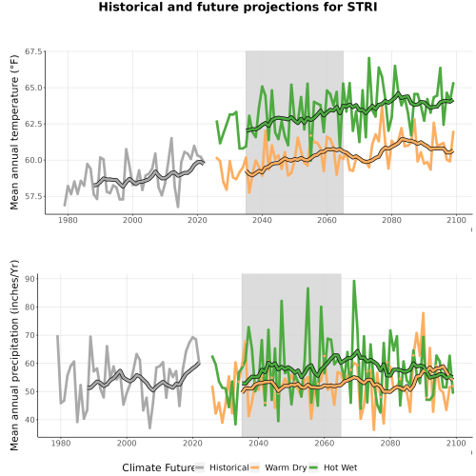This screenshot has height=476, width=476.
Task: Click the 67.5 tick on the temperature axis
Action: click(x=33, y=51)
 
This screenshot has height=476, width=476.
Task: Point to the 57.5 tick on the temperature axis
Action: click(x=33, y=196)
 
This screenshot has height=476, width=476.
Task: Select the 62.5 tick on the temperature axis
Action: click(x=33, y=124)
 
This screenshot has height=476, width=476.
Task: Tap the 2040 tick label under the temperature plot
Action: click(x=262, y=220)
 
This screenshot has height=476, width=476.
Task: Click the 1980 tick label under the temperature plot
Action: click(x=68, y=220)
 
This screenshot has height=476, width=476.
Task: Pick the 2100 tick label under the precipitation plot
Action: click(x=456, y=443)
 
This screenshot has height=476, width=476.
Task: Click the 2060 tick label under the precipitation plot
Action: click(x=325, y=443)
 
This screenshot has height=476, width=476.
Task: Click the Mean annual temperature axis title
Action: click(x=14, y=132)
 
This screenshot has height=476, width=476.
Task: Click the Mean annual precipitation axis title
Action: click(x=14, y=355)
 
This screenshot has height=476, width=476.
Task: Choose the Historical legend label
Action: click(x=229, y=467)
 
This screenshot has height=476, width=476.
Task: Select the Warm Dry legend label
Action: click(x=286, y=468)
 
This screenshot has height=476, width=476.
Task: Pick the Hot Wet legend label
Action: click(x=341, y=467)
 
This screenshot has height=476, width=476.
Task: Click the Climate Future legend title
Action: click(x=158, y=467)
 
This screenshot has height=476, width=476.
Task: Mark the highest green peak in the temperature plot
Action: click(x=368, y=58)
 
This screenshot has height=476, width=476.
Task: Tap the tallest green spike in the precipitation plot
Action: click(x=354, y=281)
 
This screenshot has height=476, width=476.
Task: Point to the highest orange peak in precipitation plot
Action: click(x=423, y=313)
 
